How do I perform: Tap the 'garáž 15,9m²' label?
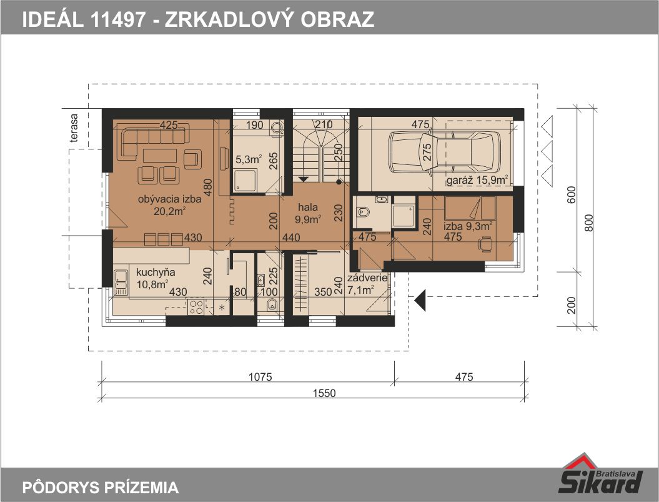[477, 180]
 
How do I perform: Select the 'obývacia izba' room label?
[169, 199]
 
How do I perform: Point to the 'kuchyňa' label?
[156, 272]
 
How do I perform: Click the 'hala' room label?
[308, 207]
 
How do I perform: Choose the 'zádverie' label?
[367, 278]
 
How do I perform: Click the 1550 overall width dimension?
[324, 393]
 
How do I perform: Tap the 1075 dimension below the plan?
[260, 376]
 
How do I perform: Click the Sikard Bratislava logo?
[600, 474]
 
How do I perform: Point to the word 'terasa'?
[74, 128]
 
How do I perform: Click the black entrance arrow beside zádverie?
[420, 300]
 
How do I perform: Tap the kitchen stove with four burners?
[196, 306]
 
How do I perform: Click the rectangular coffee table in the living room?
[160, 155]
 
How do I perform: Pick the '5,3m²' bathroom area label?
[249, 159]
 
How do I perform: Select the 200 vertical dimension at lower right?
[571, 305]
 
